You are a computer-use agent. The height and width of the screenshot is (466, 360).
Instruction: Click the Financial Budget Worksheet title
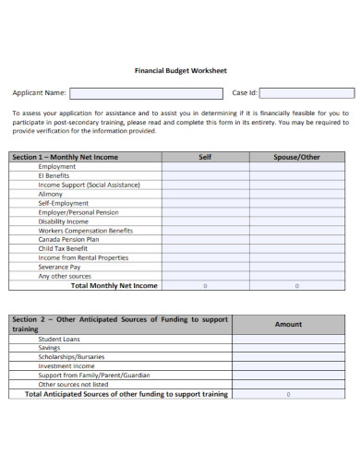coord(180,69)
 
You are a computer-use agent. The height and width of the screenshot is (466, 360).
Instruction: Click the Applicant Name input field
coord(146,93)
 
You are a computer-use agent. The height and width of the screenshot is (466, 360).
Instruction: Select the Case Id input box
coord(306,93)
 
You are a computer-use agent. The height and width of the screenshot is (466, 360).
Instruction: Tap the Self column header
coord(205,157)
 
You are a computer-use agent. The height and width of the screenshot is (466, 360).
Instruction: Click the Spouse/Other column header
coord(296,157)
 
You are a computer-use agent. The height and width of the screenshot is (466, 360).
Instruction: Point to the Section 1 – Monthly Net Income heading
coord(65,157)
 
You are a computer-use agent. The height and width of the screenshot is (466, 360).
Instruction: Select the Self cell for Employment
coord(205,167)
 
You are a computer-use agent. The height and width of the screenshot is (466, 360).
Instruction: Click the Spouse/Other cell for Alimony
coord(296,195)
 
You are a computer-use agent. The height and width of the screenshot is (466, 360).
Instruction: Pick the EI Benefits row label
coord(54,176)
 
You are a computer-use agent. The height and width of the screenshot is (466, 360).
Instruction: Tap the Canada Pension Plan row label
coord(68,239)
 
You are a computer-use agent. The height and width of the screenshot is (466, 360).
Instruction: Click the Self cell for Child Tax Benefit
coord(205,248)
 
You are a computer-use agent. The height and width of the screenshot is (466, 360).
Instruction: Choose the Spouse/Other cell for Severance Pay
coord(296,267)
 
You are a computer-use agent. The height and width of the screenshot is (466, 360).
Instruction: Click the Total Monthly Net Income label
coord(114,285)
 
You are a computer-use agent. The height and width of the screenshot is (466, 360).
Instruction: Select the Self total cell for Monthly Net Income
coord(205,285)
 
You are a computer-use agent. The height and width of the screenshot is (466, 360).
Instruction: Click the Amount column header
coord(288,324)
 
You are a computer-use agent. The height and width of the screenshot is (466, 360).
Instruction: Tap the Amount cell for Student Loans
coord(288,340)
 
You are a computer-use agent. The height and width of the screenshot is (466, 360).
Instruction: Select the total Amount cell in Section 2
coord(288,394)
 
